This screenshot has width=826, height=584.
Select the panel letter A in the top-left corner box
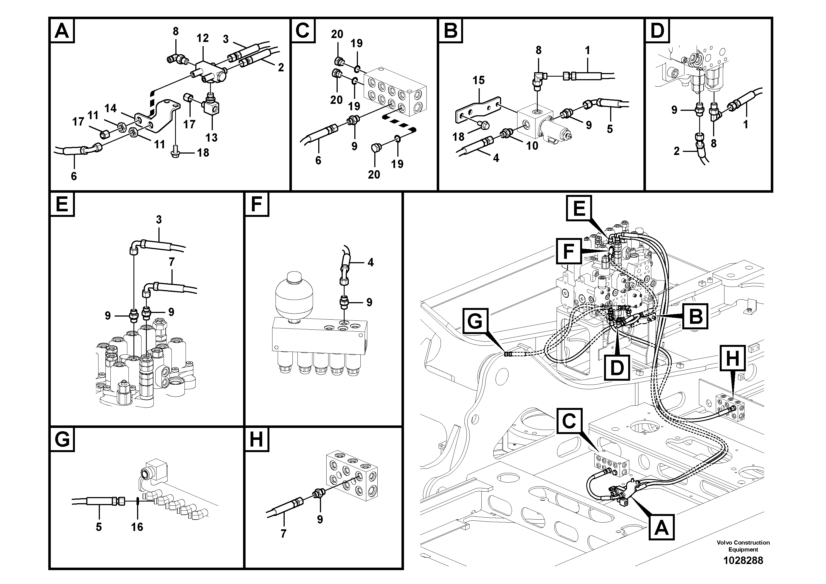click(x=62, y=31)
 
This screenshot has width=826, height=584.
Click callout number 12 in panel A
click(x=203, y=38)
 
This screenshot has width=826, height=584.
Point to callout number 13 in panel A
click(x=211, y=137)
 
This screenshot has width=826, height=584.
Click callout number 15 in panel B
click(x=478, y=80)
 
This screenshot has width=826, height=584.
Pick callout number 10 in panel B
click(x=532, y=146)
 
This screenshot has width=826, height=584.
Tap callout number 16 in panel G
click(x=137, y=527)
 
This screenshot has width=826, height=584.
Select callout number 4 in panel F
click(x=371, y=262)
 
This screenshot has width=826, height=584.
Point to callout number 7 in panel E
click(x=171, y=262)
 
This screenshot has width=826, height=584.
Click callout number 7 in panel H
click(x=284, y=533)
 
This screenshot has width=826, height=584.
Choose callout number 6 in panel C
click(x=318, y=160)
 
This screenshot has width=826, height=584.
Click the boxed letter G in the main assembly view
click(x=475, y=321)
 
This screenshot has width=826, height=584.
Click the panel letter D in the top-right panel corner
click(x=657, y=31)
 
